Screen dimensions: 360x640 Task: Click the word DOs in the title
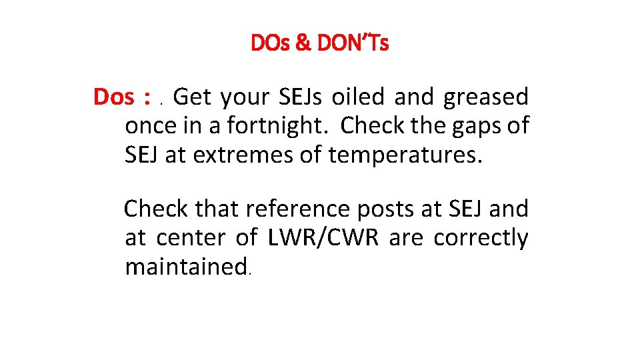pos(270,44)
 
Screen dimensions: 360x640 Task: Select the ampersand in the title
pos(302,44)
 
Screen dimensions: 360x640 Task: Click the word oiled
pos(359,97)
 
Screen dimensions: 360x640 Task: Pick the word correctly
pos(481,239)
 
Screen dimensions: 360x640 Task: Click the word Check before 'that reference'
pos(157,209)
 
